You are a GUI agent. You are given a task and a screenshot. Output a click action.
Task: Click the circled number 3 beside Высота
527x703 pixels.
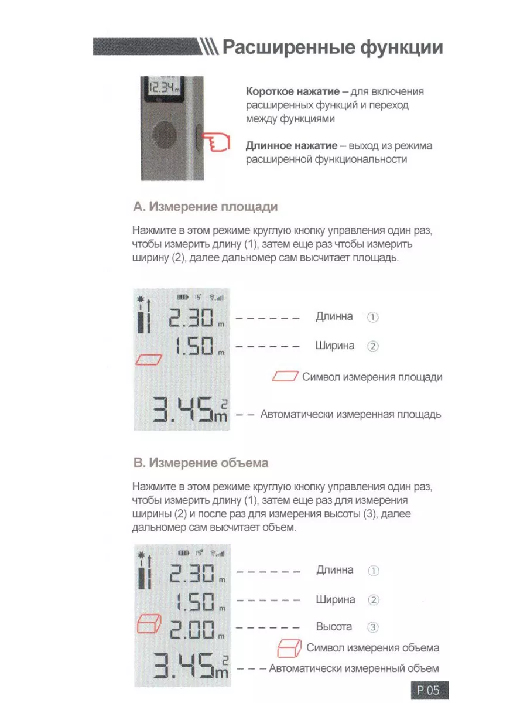[x=373, y=627]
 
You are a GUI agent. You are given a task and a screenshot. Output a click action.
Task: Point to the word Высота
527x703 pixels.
[x=334, y=627]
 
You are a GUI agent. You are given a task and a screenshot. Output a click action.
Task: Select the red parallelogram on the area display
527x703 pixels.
[x=149, y=359]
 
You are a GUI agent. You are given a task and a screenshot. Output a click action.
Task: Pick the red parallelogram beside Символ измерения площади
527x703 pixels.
[x=286, y=377]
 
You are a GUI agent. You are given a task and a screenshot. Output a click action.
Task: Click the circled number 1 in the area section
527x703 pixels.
[x=373, y=318]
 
